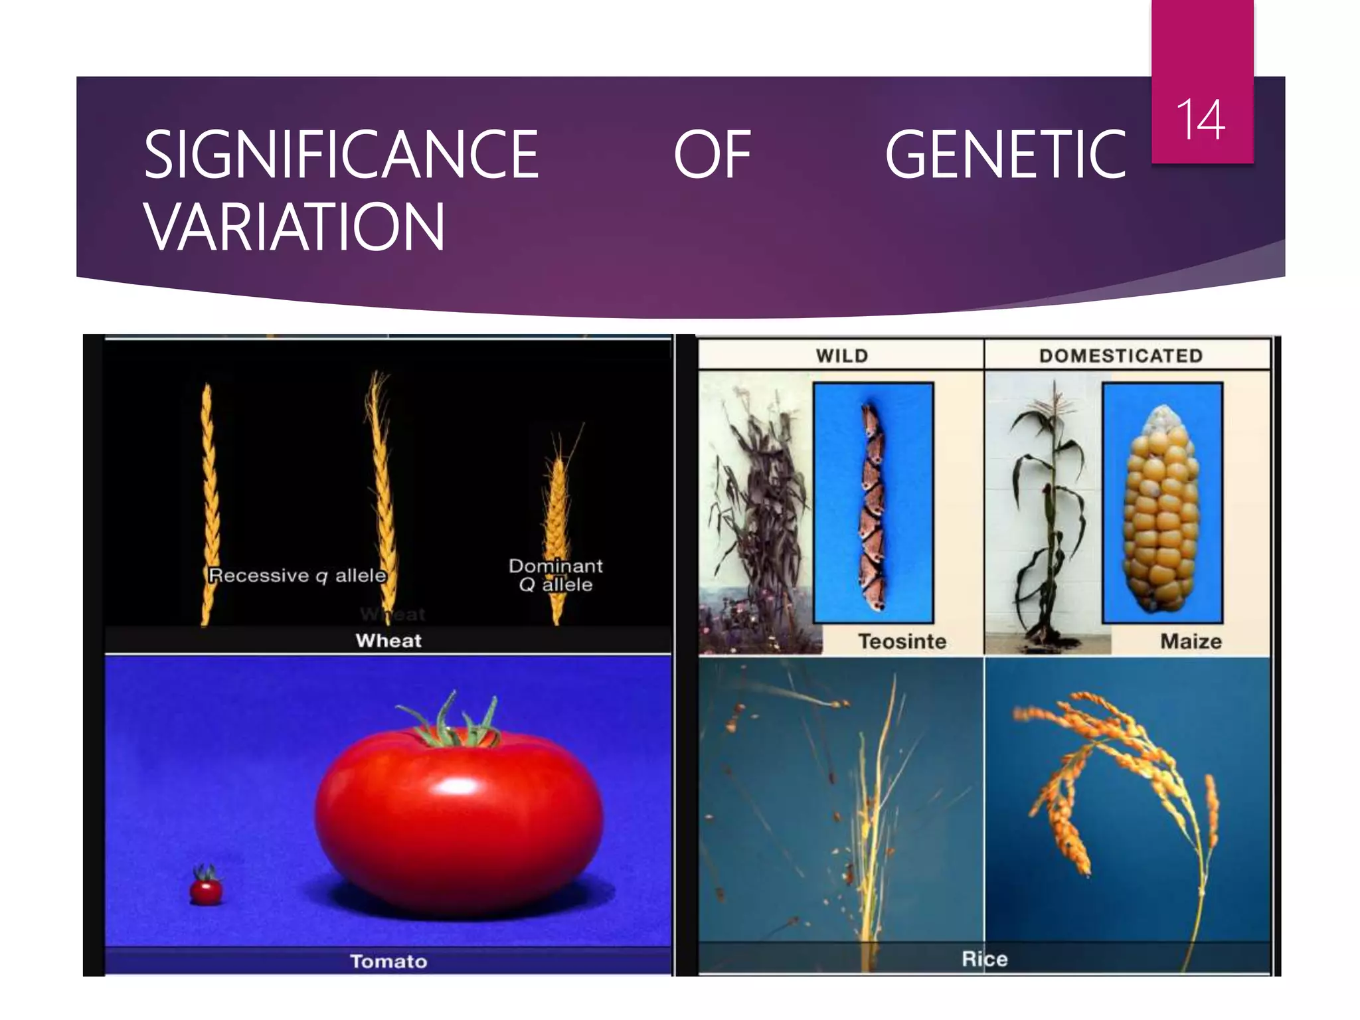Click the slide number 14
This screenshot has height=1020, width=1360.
[x=1201, y=120]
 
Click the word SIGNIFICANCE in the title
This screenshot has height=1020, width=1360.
[x=341, y=155]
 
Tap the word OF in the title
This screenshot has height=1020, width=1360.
[x=712, y=155]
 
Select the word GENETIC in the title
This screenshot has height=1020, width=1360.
[x=1005, y=155]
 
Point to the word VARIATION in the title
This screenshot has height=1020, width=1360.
[x=294, y=227]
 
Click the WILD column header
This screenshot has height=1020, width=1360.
[x=842, y=356]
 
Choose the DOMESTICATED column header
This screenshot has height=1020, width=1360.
[x=1121, y=356]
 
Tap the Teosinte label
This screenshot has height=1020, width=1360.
[x=902, y=641]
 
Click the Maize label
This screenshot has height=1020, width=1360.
[x=1191, y=641]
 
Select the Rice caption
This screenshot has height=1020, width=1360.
[x=985, y=959]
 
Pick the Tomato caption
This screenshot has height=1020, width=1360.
[x=388, y=962]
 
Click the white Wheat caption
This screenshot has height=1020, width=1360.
[x=388, y=641]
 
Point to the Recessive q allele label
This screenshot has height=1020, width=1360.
[x=297, y=575]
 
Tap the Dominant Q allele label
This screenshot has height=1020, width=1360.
[x=556, y=575]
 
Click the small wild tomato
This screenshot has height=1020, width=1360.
[x=206, y=888]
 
